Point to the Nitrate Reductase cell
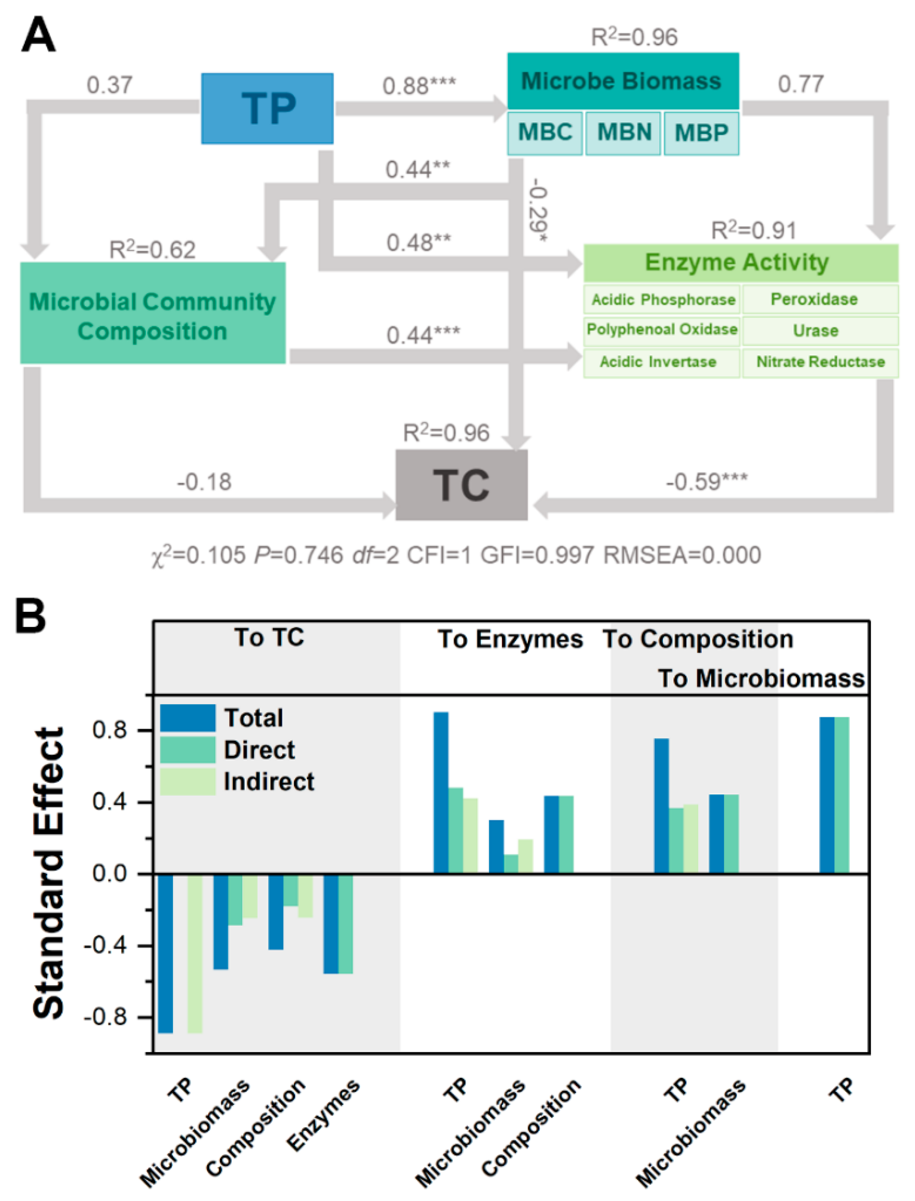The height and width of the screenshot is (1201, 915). pos(820,362)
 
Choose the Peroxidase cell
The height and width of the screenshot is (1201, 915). pos(814,299)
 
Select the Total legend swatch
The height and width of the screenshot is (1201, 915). pos(187,718)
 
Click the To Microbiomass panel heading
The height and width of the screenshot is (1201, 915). pos(761,678)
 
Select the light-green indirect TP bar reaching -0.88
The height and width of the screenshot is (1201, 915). pos(195,953)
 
